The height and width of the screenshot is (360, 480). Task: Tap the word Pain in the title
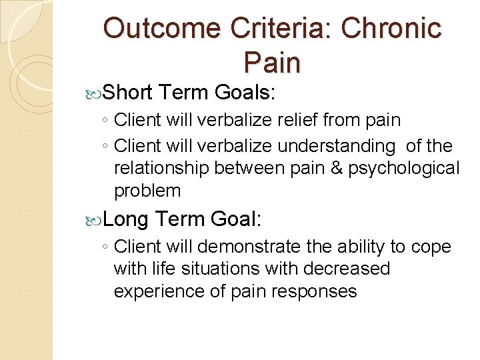(x=272, y=62)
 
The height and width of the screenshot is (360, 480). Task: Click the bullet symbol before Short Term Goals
(x=98, y=92)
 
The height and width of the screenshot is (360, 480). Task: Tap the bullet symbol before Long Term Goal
(x=98, y=219)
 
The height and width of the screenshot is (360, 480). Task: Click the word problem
(x=147, y=191)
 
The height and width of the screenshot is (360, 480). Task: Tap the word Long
(x=127, y=218)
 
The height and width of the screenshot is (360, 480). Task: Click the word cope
(x=431, y=247)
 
